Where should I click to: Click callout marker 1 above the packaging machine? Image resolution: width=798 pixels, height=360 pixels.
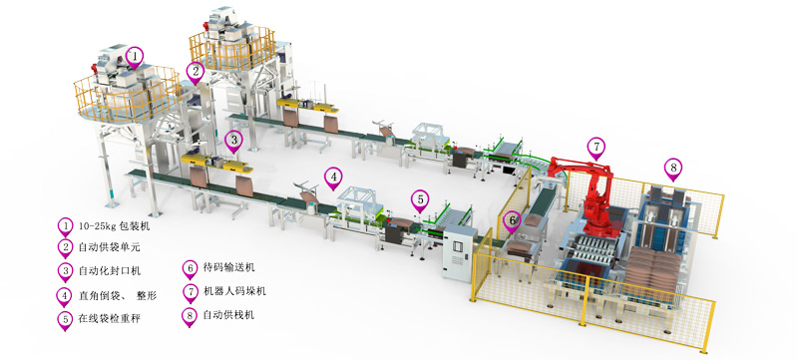coord(135,57)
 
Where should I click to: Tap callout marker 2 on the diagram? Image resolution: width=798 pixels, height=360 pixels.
coord(195,72)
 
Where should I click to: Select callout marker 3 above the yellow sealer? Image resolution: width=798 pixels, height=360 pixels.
coord(233,141)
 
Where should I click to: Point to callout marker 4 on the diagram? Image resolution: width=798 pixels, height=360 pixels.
coord(333,178)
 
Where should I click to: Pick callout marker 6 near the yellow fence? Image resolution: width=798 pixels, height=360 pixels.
coord(512,221)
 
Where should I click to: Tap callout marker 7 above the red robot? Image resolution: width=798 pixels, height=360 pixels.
coord(596,148)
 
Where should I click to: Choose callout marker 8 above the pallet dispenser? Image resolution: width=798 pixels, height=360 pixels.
coord(673,168)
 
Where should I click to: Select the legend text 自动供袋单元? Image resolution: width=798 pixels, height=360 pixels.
coord(109,247)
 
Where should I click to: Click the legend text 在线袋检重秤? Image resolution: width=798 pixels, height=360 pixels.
coord(109,319)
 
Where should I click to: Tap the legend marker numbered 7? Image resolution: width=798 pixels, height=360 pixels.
coord(190,292)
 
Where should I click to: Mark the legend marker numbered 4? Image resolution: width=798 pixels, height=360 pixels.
coord(65,296)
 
